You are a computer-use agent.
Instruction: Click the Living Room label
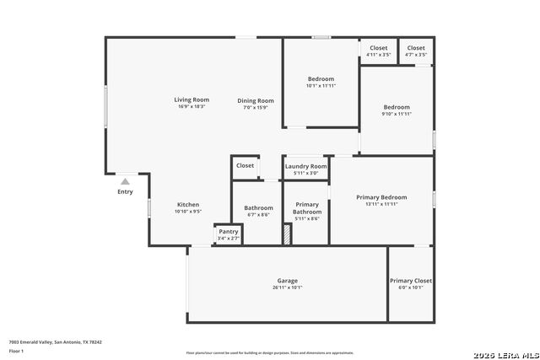point(192,100)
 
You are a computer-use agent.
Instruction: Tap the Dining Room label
point(255,100)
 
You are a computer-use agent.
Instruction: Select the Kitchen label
point(188,205)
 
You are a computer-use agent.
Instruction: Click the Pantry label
point(229,232)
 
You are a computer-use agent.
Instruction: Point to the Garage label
point(287,281)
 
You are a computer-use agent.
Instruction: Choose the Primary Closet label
point(411,281)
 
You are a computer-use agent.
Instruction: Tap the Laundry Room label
point(305,166)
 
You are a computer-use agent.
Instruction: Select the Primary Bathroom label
point(307,208)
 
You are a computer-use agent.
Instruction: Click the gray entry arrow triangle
point(125,181)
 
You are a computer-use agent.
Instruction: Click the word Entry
point(125,191)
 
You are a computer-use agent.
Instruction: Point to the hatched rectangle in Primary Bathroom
point(288,234)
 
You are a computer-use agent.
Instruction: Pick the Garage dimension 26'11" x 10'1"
point(287,287)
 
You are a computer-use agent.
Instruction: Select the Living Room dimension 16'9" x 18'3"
point(192,107)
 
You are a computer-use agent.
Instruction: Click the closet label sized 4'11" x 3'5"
point(379,48)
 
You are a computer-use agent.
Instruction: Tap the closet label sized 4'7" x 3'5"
point(416,48)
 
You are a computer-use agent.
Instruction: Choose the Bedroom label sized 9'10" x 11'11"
point(397,107)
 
